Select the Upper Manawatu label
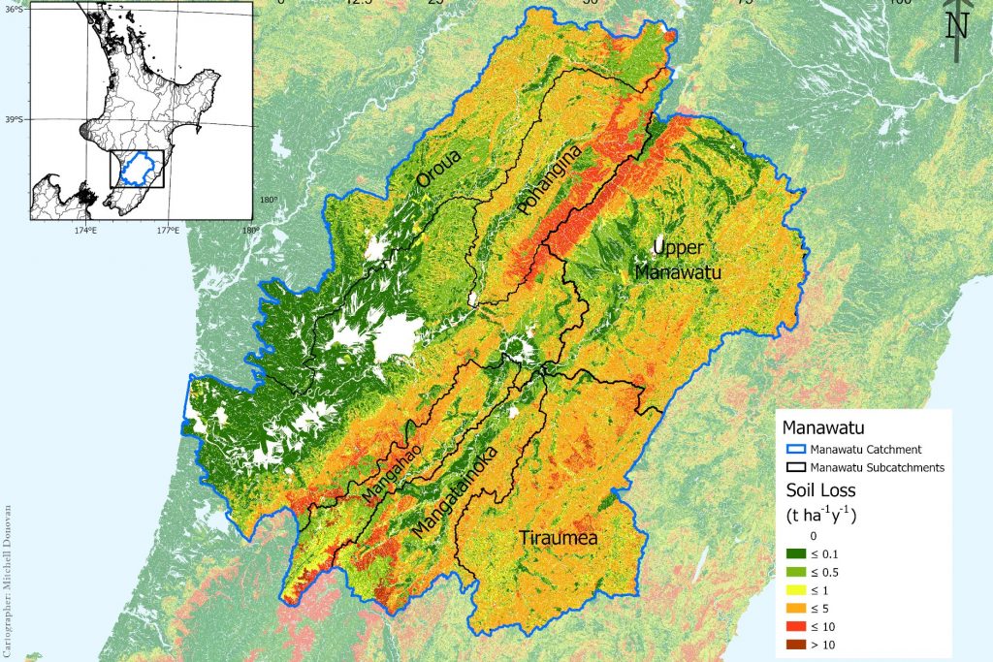click(678, 261)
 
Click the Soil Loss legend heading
click(819, 491)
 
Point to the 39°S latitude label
click(15, 120)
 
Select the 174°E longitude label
click(84, 230)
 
